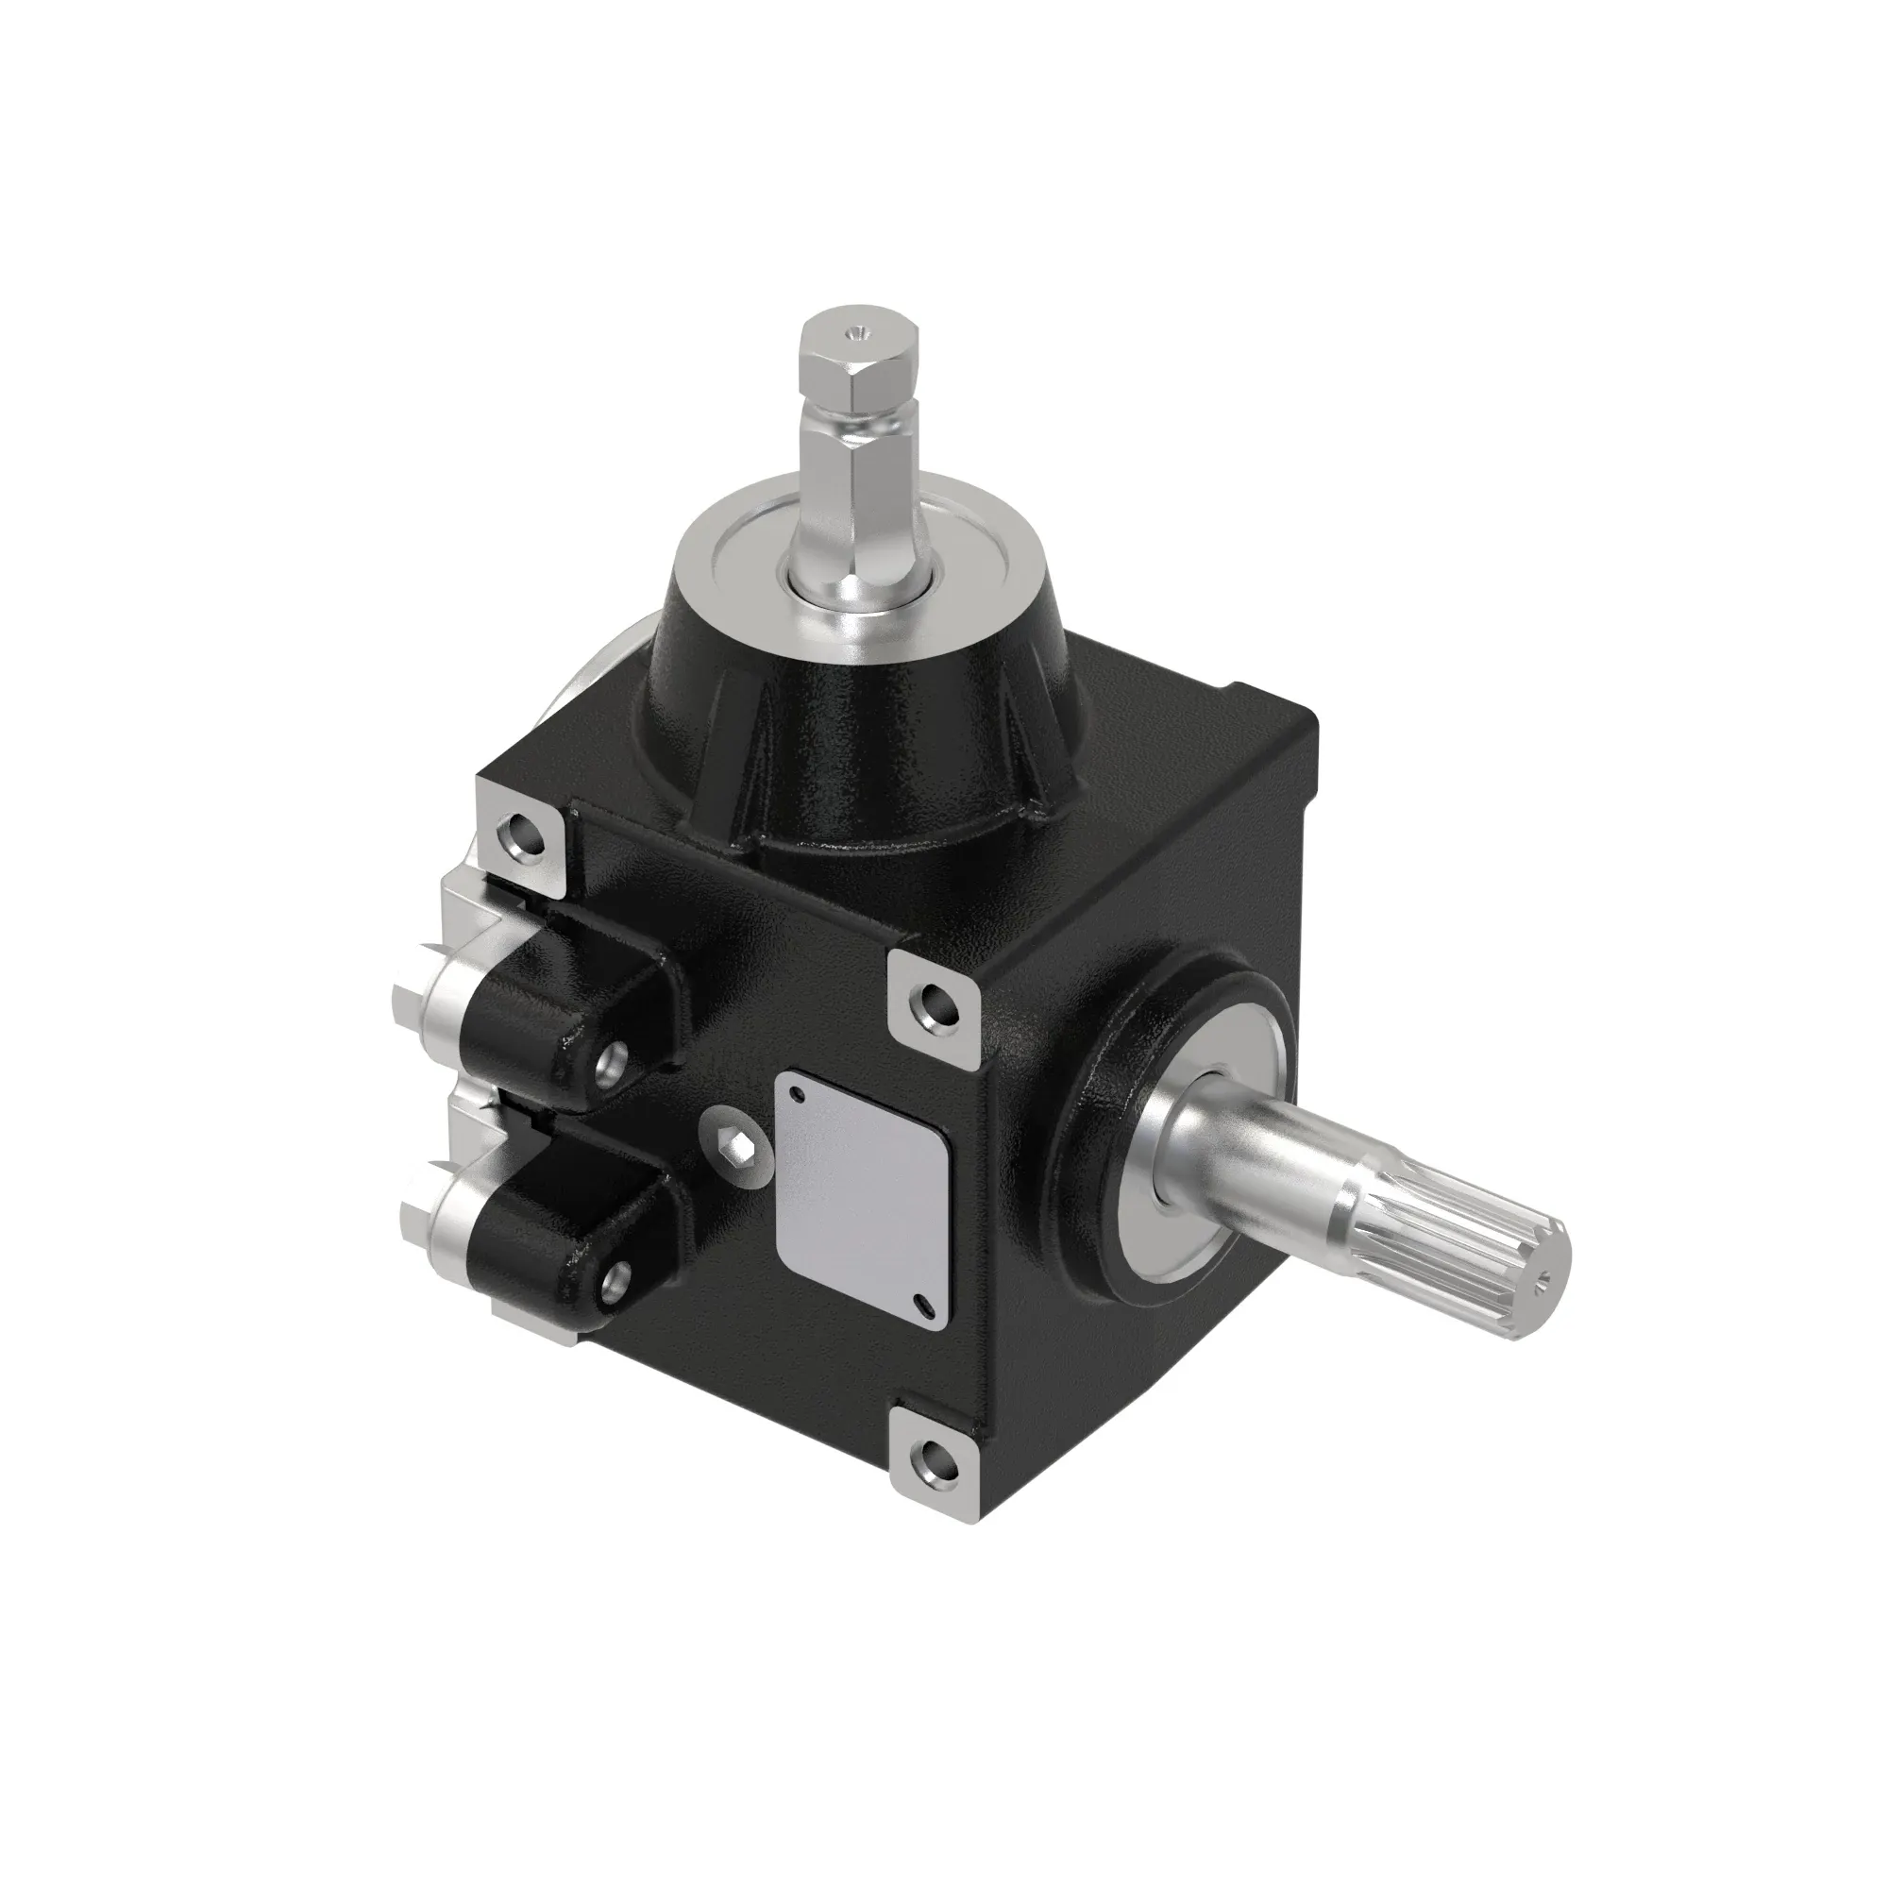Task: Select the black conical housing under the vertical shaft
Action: (860, 723)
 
